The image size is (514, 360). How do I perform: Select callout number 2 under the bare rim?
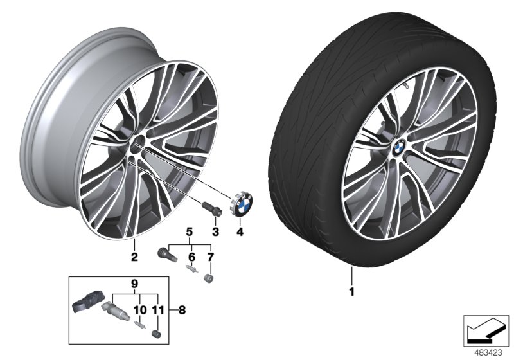[134, 258]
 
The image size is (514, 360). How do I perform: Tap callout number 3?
[216, 231]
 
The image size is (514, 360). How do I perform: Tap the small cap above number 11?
[154, 332]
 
